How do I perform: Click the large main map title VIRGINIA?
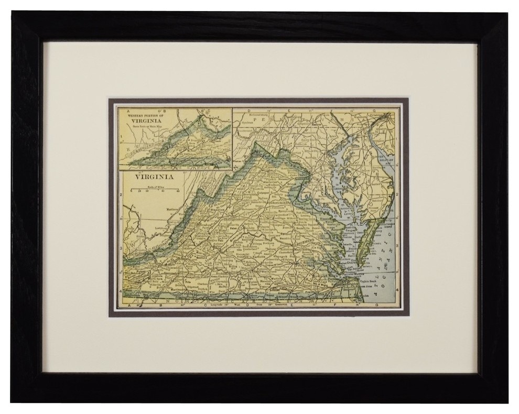point(155,177)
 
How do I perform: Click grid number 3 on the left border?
point(121,245)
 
